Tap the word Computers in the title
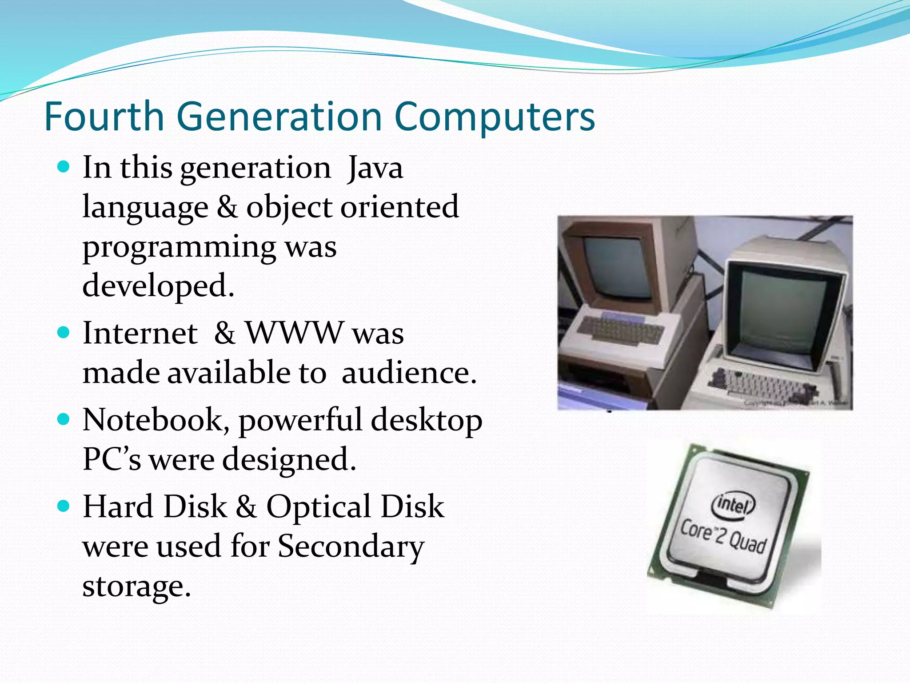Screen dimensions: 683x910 494,117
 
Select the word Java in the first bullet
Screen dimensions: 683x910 375,168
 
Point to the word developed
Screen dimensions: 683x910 158,286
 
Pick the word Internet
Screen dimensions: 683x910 140,333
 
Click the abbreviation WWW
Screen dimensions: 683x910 295,333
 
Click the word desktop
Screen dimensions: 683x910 427,421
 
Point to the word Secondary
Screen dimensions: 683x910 351,546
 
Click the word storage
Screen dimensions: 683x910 136,587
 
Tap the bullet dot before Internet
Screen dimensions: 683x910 64,333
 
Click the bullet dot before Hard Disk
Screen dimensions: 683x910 64,506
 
